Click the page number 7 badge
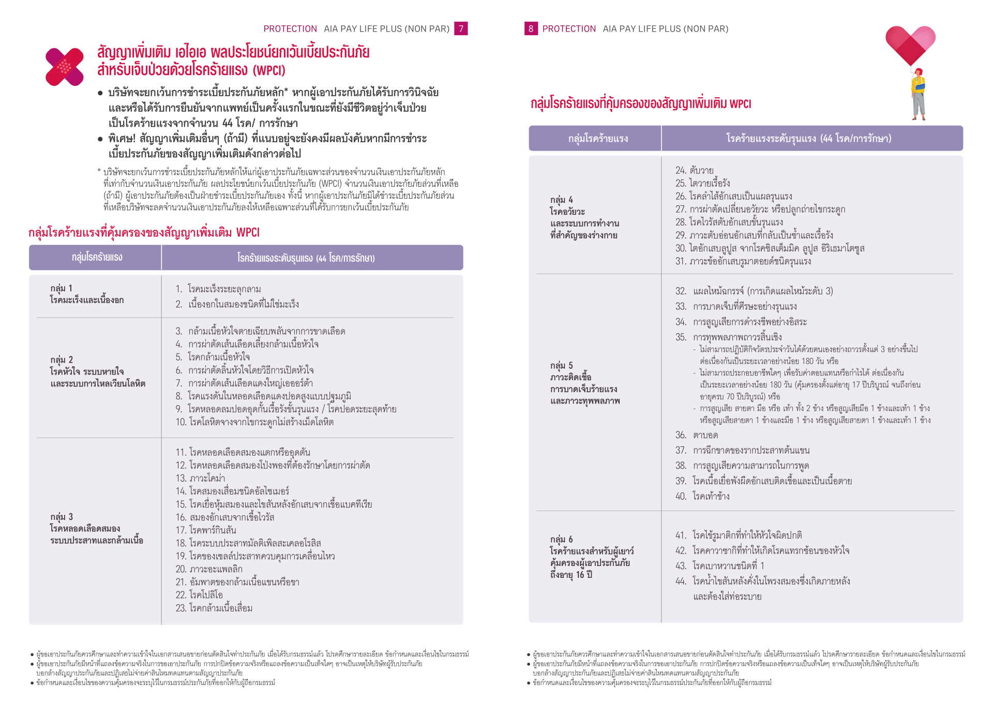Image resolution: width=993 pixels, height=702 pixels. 460,28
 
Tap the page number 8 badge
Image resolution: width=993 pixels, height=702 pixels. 531,28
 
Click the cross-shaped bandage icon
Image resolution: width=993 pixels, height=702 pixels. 65,67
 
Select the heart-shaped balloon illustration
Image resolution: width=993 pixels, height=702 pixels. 910,44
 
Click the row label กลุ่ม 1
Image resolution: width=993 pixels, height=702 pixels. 62,288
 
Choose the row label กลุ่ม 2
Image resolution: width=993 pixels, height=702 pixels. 62,360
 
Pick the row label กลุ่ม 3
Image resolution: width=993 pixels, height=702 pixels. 62,516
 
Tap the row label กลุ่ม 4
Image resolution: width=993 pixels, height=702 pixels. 562,200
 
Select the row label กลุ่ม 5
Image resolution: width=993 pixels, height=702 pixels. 562,365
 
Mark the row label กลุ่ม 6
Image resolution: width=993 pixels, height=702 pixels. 562,539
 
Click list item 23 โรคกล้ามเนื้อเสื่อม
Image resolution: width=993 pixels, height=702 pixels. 214,608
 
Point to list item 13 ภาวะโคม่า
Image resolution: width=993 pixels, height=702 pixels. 201,478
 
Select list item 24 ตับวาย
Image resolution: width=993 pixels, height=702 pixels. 695,170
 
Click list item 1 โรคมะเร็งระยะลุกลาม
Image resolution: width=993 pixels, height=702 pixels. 218,289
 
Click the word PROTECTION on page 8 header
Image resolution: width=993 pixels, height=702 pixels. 569,29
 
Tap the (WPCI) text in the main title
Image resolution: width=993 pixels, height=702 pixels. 269,70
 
